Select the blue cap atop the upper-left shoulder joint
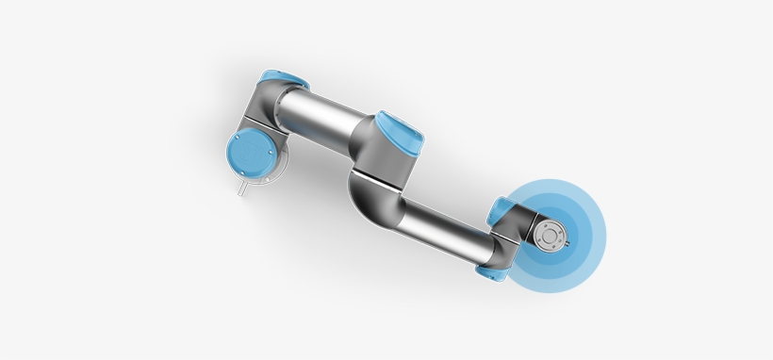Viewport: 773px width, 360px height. point(277,80)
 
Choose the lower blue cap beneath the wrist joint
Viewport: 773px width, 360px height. point(490,272)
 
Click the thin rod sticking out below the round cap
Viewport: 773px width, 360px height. point(241,188)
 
